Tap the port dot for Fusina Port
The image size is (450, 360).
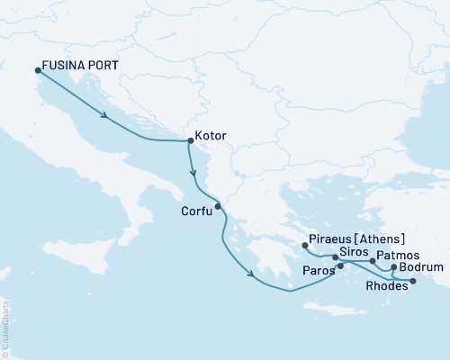tap(37, 70)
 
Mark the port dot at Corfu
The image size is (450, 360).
tap(217, 205)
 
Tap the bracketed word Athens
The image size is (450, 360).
tap(382, 240)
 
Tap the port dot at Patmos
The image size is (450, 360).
tap(373, 260)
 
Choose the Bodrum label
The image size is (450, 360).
tap(423, 267)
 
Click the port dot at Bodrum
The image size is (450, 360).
tap(393, 267)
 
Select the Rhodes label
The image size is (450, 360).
tap(384, 288)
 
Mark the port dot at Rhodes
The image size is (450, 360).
tap(413, 282)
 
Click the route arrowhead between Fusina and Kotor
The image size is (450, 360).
tap(106, 115)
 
